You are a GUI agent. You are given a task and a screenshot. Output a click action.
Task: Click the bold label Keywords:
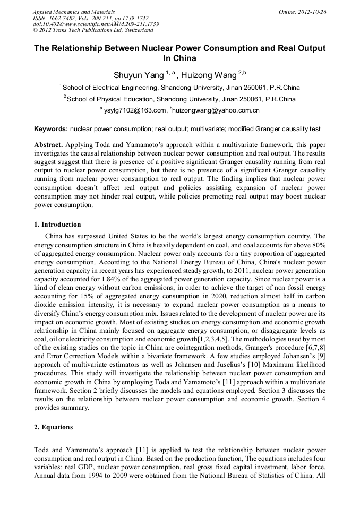coord(50,129)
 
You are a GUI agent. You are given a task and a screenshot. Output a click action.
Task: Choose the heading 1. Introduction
coord(58,225)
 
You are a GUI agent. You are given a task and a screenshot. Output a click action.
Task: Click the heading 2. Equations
coord(54,427)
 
